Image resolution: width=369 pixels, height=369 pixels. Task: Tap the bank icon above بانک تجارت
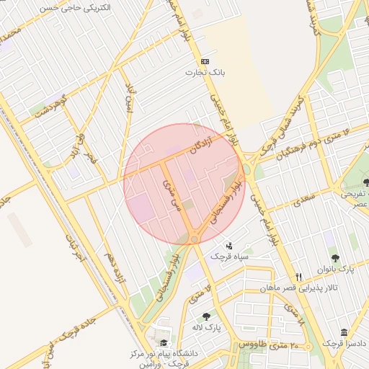206,61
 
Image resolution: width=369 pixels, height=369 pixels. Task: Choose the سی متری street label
170,195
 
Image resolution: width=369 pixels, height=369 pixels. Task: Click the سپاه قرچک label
229,257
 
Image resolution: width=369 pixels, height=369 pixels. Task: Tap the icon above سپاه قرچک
230,246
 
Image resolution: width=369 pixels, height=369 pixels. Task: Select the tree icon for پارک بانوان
334,258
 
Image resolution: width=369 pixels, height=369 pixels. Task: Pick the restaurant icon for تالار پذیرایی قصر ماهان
298,276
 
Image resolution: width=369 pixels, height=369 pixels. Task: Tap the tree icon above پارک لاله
207,316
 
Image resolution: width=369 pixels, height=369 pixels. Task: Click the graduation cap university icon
163,342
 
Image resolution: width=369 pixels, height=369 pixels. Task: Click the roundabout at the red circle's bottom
194,239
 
